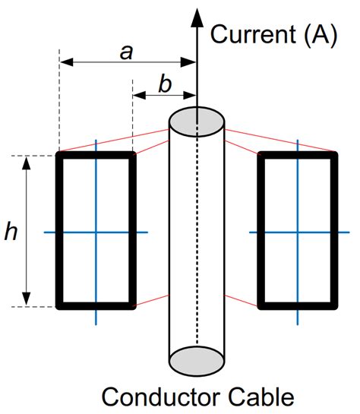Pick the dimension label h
pyautogui.click(x=11, y=232)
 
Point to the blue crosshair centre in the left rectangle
pyautogui.click(x=96, y=232)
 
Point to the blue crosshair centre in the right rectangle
pyautogui.click(x=298, y=232)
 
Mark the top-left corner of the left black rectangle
pyautogui.click(x=60, y=155)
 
